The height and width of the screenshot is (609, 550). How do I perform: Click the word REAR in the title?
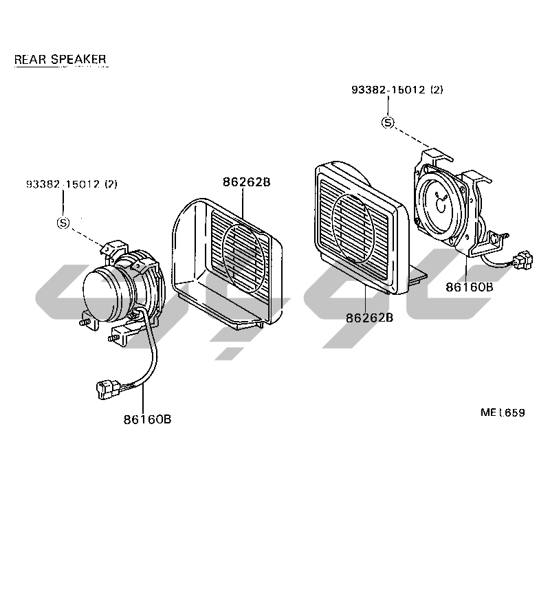29,59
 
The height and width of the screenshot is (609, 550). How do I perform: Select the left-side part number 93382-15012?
63,184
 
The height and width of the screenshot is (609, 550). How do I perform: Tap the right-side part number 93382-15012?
388,90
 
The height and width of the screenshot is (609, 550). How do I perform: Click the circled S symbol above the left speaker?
63,223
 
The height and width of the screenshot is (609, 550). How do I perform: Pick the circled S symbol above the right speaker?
388,122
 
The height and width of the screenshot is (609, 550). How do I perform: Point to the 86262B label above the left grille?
246,182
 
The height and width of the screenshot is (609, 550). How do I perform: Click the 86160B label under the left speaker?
147,419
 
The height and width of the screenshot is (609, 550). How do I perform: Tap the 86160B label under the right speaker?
469,287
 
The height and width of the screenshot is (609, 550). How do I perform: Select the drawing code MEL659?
503,413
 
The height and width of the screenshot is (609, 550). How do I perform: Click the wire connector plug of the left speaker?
108,390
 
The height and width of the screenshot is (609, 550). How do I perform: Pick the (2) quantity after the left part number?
111,184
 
